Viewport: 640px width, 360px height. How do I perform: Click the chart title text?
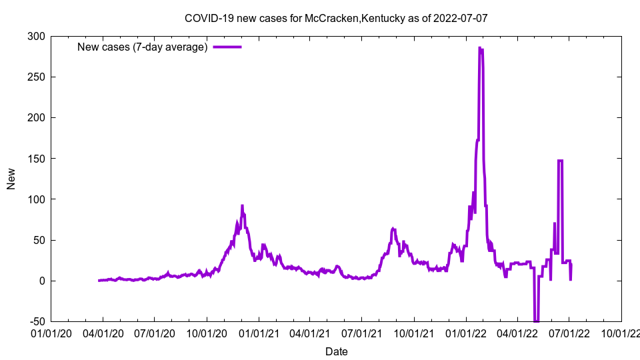click(336, 18)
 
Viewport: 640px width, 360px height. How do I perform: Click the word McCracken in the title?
click(332, 18)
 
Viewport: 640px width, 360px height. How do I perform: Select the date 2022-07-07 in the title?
click(461, 18)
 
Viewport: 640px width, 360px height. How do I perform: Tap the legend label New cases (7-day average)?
click(142, 47)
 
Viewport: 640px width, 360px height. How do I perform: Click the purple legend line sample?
click(227, 47)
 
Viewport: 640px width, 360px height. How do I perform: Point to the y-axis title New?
click(11, 179)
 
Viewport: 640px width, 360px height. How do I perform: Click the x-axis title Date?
click(336, 351)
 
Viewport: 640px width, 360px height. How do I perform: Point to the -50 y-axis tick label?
click(35, 322)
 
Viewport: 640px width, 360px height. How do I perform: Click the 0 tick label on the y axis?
click(41, 281)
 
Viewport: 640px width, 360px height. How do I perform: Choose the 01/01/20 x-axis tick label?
click(51, 333)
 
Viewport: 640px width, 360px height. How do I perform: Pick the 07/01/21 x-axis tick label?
click(362, 333)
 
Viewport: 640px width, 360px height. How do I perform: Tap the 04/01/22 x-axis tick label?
click(517, 333)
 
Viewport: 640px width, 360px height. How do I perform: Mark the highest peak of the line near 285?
click(479, 48)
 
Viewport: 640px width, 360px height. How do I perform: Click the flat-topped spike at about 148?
click(560, 161)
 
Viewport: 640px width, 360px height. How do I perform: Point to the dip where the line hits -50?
click(536, 321)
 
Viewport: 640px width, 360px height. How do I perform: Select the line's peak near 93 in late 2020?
click(242, 206)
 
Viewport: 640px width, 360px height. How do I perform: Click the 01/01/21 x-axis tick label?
click(259, 333)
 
